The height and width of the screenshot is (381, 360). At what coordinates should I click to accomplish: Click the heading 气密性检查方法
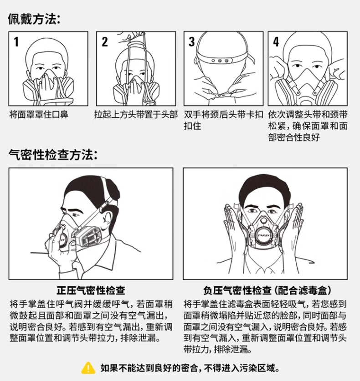(53, 154)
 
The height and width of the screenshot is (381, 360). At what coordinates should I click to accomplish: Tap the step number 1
(16, 42)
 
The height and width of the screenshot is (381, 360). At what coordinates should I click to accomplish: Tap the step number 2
(104, 42)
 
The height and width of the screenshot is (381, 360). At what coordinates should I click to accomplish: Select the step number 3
(191, 42)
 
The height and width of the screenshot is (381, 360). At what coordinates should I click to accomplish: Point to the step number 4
(276, 42)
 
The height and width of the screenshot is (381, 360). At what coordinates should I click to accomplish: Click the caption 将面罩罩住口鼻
(39, 114)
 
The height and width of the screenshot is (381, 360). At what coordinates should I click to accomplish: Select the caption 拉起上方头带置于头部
(136, 114)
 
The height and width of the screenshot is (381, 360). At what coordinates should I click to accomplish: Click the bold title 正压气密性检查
(91, 290)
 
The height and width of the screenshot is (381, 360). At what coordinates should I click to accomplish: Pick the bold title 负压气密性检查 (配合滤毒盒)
(267, 290)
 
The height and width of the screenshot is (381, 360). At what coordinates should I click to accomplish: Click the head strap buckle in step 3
(220, 61)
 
